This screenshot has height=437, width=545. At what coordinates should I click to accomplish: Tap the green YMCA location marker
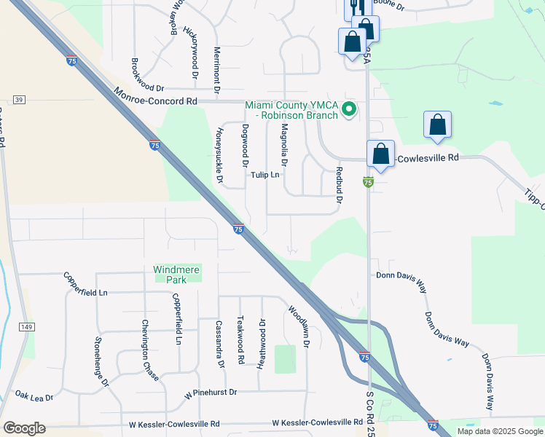pyautogui.click(x=349, y=110)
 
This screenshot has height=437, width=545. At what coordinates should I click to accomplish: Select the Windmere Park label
pyautogui.click(x=176, y=274)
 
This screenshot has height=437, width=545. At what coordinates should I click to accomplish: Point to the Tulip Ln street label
pyautogui.click(x=265, y=175)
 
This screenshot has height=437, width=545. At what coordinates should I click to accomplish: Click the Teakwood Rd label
pyautogui.click(x=240, y=340)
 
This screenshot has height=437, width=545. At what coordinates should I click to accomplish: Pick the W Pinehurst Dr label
pyautogui.click(x=211, y=392)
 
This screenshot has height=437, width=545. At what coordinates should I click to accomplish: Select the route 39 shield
pyautogui.click(x=19, y=100)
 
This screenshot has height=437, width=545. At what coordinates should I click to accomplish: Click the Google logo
pyautogui.click(x=24, y=428)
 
